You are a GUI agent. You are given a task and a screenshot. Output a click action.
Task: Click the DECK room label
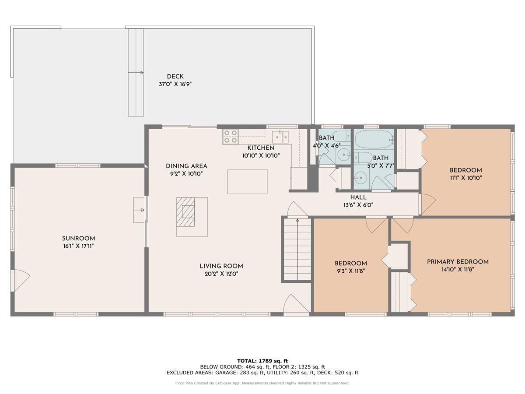[x=175, y=77]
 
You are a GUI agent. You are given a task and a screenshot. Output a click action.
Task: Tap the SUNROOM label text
[x=78, y=239]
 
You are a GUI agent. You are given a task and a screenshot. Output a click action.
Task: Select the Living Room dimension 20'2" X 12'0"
[x=221, y=274]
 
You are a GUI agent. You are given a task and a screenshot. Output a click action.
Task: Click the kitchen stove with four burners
[x=231, y=137]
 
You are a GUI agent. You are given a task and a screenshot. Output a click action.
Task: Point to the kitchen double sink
[x=280, y=137]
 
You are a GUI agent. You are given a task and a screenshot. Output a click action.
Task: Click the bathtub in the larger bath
[x=374, y=139]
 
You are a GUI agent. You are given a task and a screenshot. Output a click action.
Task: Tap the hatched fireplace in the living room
[x=185, y=212]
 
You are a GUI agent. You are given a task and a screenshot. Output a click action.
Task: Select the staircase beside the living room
[x=297, y=249]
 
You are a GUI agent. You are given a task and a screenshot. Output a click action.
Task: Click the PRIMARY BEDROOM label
[x=458, y=262]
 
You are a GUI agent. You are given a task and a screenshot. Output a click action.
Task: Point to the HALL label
[x=358, y=197]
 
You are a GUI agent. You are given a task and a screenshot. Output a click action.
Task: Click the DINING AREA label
[x=186, y=166]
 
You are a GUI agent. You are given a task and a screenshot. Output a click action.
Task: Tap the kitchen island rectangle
[x=247, y=182]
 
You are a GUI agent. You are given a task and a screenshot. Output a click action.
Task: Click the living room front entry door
[x=296, y=303]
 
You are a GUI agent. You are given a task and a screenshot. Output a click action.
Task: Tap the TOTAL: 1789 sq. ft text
[x=262, y=361]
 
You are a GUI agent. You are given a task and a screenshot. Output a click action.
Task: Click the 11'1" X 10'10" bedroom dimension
[x=465, y=178]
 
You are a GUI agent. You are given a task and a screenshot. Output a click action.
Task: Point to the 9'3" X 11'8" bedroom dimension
[x=350, y=271]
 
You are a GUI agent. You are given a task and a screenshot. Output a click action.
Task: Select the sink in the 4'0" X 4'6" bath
[x=344, y=155]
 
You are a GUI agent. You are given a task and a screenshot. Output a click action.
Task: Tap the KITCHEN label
[x=261, y=148]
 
